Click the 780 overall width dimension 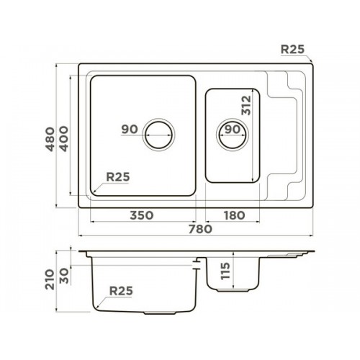point(200,229)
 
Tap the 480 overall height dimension point(50,139)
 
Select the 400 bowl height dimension point(64,139)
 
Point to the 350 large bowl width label point(141,215)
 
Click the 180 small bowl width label point(234,215)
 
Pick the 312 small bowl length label point(246,105)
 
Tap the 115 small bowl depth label point(225,271)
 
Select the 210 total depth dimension point(50,279)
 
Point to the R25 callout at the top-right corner point(292,49)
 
